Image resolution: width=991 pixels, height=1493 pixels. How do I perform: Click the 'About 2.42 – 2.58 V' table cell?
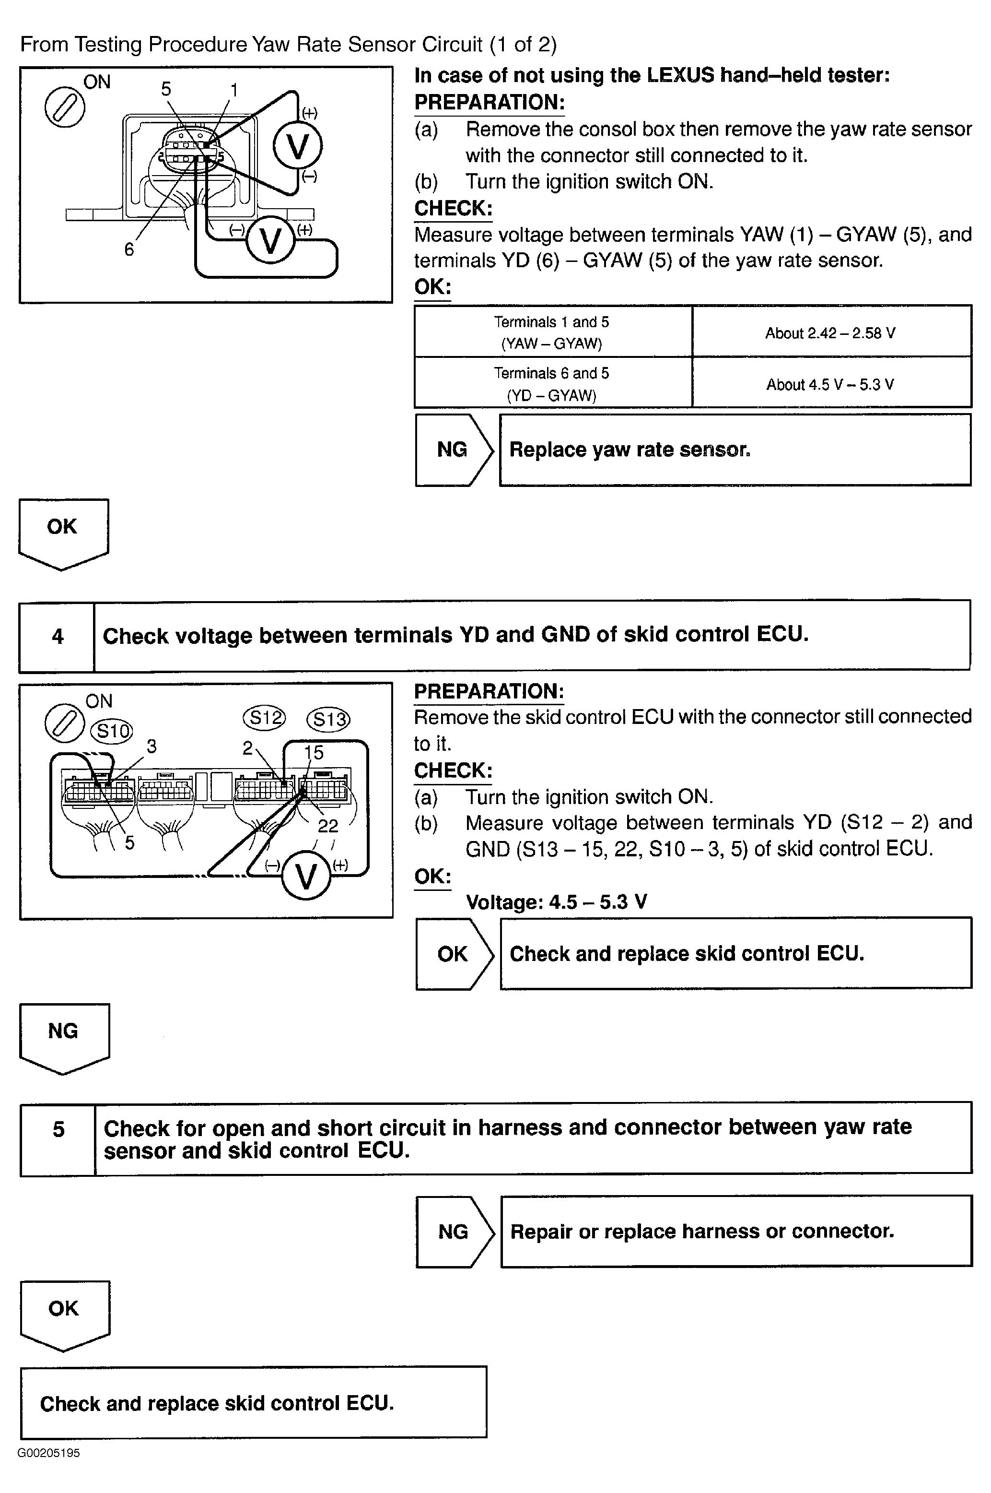click(x=830, y=332)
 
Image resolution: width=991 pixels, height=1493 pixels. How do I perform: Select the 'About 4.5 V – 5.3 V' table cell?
click(x=830, y=384)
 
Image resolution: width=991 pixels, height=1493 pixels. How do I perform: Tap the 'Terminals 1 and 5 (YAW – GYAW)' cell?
click(x=552, y=332)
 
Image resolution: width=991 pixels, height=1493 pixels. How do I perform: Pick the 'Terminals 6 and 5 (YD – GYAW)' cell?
click(x=552, y=384)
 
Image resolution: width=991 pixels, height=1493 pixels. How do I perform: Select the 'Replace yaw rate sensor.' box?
click(x=735, y=450)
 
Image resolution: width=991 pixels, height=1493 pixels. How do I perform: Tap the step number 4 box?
click(x=58, y=636)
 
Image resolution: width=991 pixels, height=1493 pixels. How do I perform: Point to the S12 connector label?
click(x=264, y=717)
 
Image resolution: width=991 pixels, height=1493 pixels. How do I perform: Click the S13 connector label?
click(x=328, y=719)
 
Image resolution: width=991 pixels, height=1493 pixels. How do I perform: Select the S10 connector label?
click(x=111, y=731)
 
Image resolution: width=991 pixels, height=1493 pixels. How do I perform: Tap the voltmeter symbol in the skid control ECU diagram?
click(x=306, y=877)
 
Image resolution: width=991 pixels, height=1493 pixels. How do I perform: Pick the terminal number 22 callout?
click(x=328, y=825)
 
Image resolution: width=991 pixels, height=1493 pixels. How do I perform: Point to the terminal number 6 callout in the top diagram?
click(x=129, y=250)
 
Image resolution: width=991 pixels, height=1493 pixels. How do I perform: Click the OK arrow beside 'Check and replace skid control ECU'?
click(x=453, y=954)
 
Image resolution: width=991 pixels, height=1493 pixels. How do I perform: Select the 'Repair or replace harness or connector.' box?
click(x=735, y=1231)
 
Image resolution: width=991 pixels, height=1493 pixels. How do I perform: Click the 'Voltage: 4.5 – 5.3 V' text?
click(x=556, y=902)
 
